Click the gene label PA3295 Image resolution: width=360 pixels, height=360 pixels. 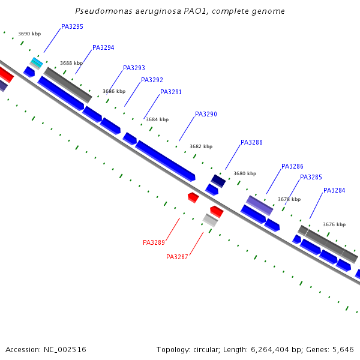pyautogui.click(x=72, y=27)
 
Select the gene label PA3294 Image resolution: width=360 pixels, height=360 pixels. pyautogui.click(x=103, y=48)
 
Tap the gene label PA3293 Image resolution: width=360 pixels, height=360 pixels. pyautogui.click(x=134, y=68)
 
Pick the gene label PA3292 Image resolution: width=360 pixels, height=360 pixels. pyautogui.click(x=152, y=80)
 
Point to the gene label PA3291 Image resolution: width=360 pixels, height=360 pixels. pyautogui.click(x=171, y=92)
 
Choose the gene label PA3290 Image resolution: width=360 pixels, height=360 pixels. pyautogui.click(x=206, y=115)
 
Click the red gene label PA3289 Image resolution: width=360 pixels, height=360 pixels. pyautogui.click(x=154, y=243)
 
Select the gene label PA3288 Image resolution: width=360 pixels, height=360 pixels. pyautogui.click(x=251, y=143)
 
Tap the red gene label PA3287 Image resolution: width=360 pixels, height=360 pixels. pyautogui.click(x=177, y=257)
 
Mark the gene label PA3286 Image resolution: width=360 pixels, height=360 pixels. pyautogui.click(x=292, y=167)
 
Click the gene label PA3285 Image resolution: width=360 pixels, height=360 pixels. pyautogui.click(x=311, y=178)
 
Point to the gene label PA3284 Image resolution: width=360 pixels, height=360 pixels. pyautogui.click(x=334, y=191)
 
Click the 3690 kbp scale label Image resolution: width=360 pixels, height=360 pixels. pyautogui.click(x=29, y=34)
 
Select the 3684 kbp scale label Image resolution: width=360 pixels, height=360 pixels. pyautogui.click(x=157, y=120)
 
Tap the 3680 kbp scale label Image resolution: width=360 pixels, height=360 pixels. pyautogui.click(x=244, y=174)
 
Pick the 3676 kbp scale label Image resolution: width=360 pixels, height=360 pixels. pyautogui.click(x=334, y=225)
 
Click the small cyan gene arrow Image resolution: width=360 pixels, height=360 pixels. pyautogui.click(x=37, y=62)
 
